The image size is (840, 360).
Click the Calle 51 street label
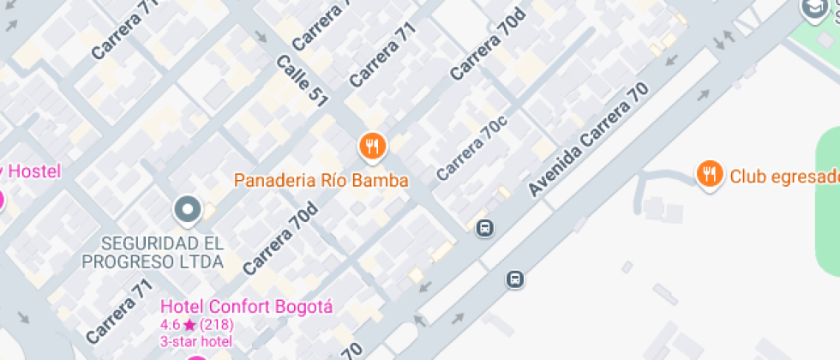click(302, 81)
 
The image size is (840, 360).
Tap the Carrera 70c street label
click(471, 147)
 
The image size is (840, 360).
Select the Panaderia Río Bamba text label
click(321, 181)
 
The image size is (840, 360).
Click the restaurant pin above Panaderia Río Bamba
click(371, 146)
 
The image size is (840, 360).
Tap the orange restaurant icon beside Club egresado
click(708, 175)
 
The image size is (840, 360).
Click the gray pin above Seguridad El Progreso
click(187, 208)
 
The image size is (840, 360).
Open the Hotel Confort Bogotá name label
click(247, 307)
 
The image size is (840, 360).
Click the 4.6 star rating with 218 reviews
click(197, 326)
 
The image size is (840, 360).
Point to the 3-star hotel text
click(196, 341)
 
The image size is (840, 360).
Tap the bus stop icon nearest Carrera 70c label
click(485, 228)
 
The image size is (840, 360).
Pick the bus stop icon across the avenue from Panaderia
click(515, 279)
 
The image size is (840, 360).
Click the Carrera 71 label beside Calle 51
click(381, 54)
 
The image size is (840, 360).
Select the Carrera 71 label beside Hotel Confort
click(118, 308)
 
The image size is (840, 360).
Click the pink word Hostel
click(34, 171)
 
